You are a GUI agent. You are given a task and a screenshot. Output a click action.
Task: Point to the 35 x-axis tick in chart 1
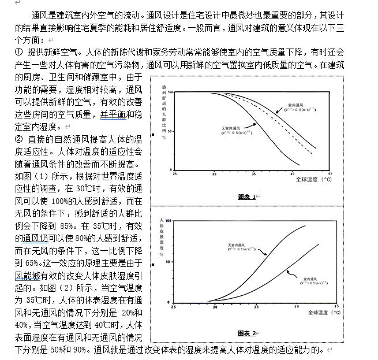(253, 173)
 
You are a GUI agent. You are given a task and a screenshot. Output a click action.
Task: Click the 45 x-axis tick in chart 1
(330, 173)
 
